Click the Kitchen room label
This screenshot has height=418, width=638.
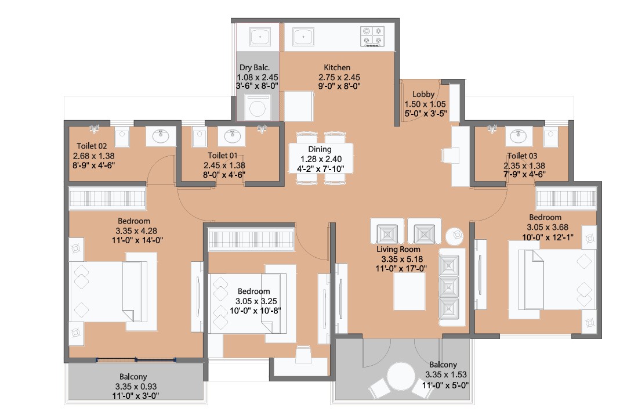[337, 67]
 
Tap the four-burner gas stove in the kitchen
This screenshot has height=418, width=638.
[372, 36]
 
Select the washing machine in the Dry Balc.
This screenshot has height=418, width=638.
[258, 107]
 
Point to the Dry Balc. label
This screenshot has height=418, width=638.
[254, 67]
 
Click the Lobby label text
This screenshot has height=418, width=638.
[423, 94]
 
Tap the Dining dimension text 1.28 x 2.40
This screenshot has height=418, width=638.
[321, 159]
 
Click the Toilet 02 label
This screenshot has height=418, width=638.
[92, 146]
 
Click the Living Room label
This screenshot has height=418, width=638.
[398, 249]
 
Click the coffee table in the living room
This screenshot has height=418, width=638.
[409, 291]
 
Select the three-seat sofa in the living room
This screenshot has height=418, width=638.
[451, 287]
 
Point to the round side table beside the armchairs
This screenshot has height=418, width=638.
[455, 235]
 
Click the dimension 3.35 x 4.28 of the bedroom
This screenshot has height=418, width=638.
[136, 231]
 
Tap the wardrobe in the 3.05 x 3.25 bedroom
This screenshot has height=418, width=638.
[251, 239]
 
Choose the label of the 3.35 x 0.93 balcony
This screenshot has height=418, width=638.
[133, 377]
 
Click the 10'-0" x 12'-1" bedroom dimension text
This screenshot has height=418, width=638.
[548, 237]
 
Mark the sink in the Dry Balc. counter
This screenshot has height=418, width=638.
[260, 37]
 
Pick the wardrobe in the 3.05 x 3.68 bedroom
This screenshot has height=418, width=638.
[566, 198]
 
